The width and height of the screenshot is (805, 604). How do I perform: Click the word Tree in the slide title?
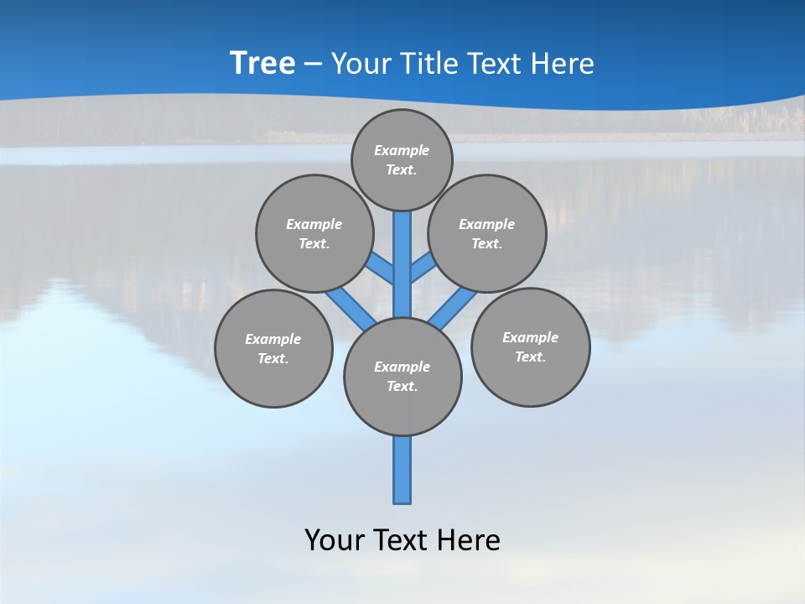[x=262, y=64]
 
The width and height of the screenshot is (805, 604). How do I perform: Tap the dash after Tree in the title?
[x=313, y=65]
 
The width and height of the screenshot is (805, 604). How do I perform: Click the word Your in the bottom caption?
[x=334, y=540]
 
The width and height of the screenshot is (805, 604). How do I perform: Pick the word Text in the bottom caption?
[x=402, y=540]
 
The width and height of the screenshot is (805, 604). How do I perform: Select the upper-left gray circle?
[x=314, y=233]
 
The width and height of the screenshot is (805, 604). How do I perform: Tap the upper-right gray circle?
[x=487, y=233]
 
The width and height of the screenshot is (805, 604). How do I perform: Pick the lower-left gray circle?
[x=273, y=348]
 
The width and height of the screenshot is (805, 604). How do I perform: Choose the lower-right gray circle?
[x=530, y=346]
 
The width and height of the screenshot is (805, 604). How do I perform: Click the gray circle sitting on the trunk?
[x=402, y=377]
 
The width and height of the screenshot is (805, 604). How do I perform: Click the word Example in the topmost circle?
[x=402, y=150]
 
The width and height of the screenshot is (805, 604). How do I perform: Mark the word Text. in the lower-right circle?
[x=530, y=357]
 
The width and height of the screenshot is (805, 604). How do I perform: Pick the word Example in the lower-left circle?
[x=273, y=339]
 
